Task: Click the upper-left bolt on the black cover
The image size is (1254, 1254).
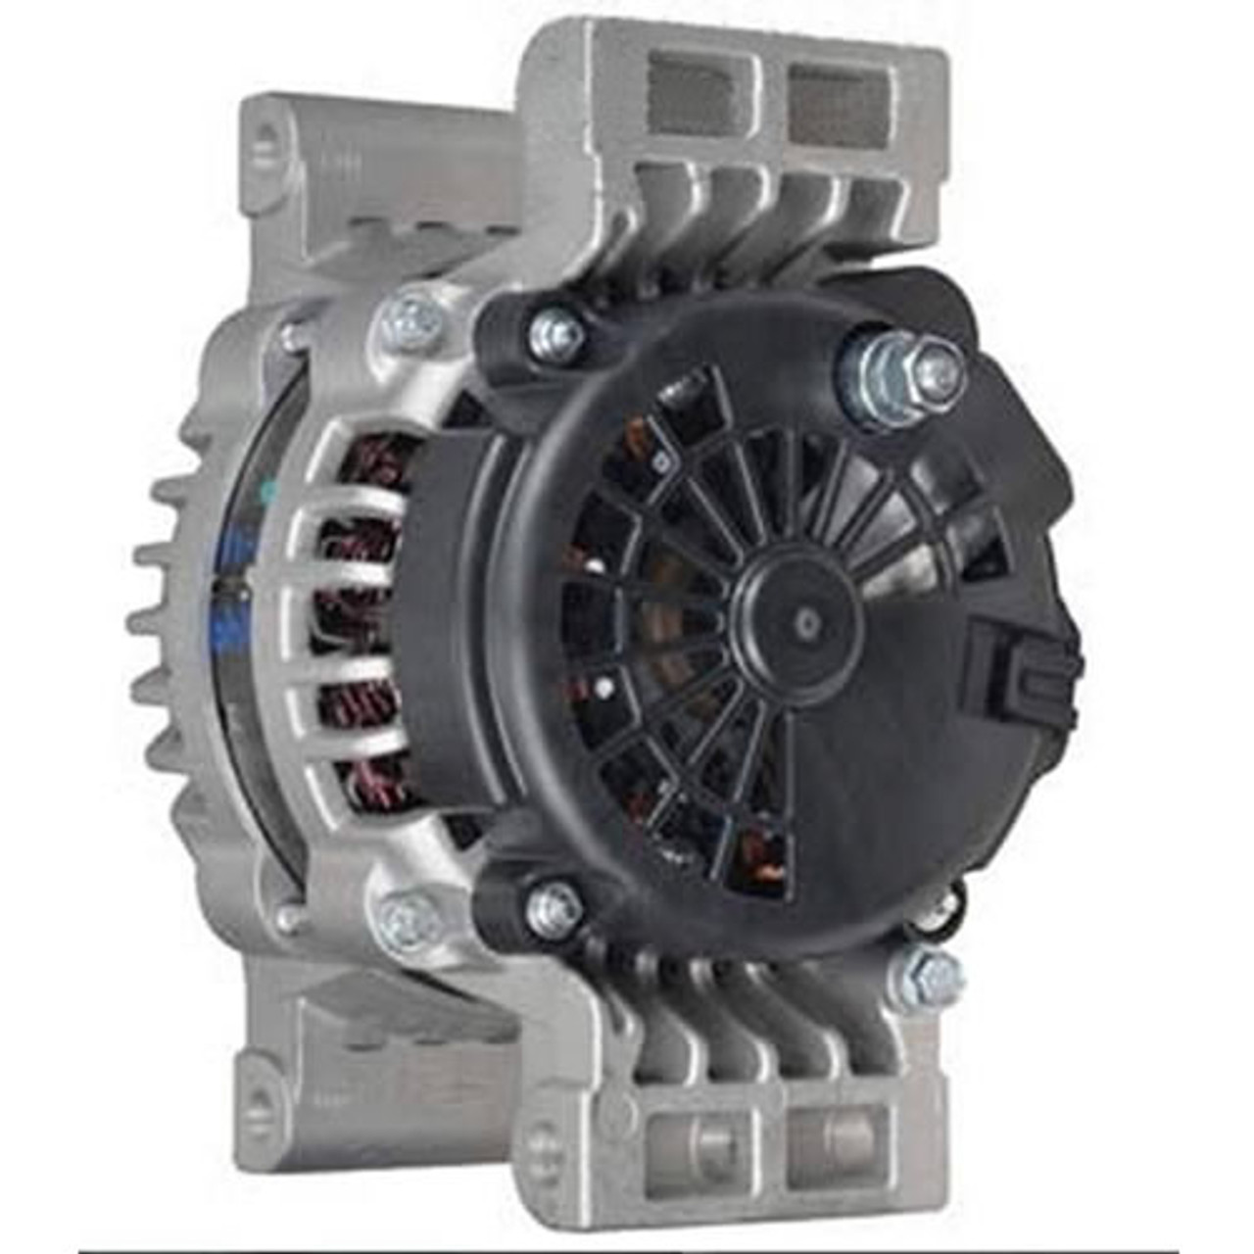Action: [555, 332]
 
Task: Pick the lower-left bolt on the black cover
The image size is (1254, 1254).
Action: [555, 907]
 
